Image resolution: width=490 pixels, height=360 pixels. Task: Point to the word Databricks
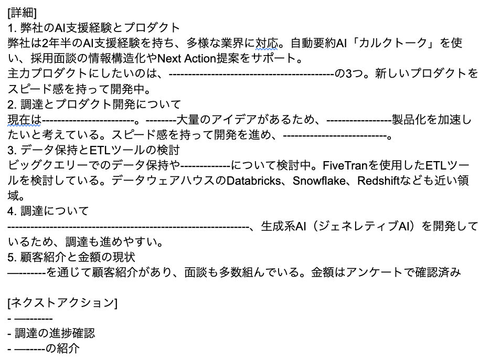point(258,181)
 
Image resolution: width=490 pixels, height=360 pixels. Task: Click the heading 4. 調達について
point(48,211)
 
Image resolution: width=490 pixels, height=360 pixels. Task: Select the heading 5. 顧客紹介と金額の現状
point(72,257)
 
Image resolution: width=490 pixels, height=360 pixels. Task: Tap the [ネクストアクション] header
point(62,303)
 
